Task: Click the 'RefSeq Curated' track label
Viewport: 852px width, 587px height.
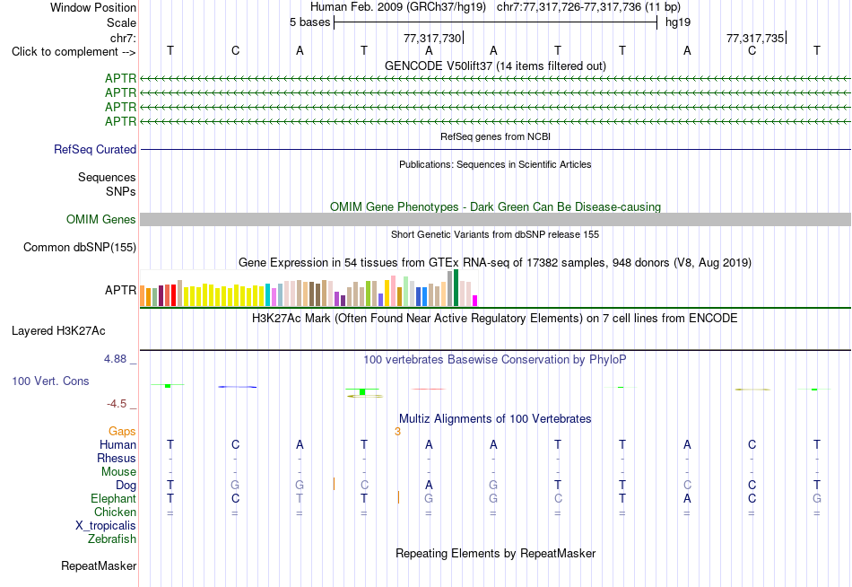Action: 95,149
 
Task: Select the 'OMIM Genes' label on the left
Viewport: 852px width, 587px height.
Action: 101,219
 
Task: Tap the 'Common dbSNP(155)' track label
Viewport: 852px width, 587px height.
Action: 80,247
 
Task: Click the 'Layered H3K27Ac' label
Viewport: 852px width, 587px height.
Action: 58,331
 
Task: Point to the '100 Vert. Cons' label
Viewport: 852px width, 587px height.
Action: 50,381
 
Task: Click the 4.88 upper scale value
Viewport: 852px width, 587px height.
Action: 115,359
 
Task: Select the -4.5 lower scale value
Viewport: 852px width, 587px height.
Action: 117,404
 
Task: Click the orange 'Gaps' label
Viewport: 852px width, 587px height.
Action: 122,432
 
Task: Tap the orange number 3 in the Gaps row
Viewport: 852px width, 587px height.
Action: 397,432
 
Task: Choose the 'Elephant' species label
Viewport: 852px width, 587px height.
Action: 114,498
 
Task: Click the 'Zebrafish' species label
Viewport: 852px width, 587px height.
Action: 112,539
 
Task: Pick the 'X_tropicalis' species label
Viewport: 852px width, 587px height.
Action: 106,526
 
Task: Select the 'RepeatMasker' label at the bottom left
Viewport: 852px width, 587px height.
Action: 99,565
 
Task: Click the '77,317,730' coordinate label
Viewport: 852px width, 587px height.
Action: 432,38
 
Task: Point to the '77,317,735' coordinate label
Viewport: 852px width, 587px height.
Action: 755,38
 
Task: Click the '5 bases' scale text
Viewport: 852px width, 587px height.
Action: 309,22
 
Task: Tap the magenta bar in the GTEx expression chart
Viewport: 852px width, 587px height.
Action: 475,301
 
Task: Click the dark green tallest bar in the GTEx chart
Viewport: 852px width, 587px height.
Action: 456,288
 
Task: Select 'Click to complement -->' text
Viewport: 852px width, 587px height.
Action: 74,52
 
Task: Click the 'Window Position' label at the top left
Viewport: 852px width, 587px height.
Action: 93,7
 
